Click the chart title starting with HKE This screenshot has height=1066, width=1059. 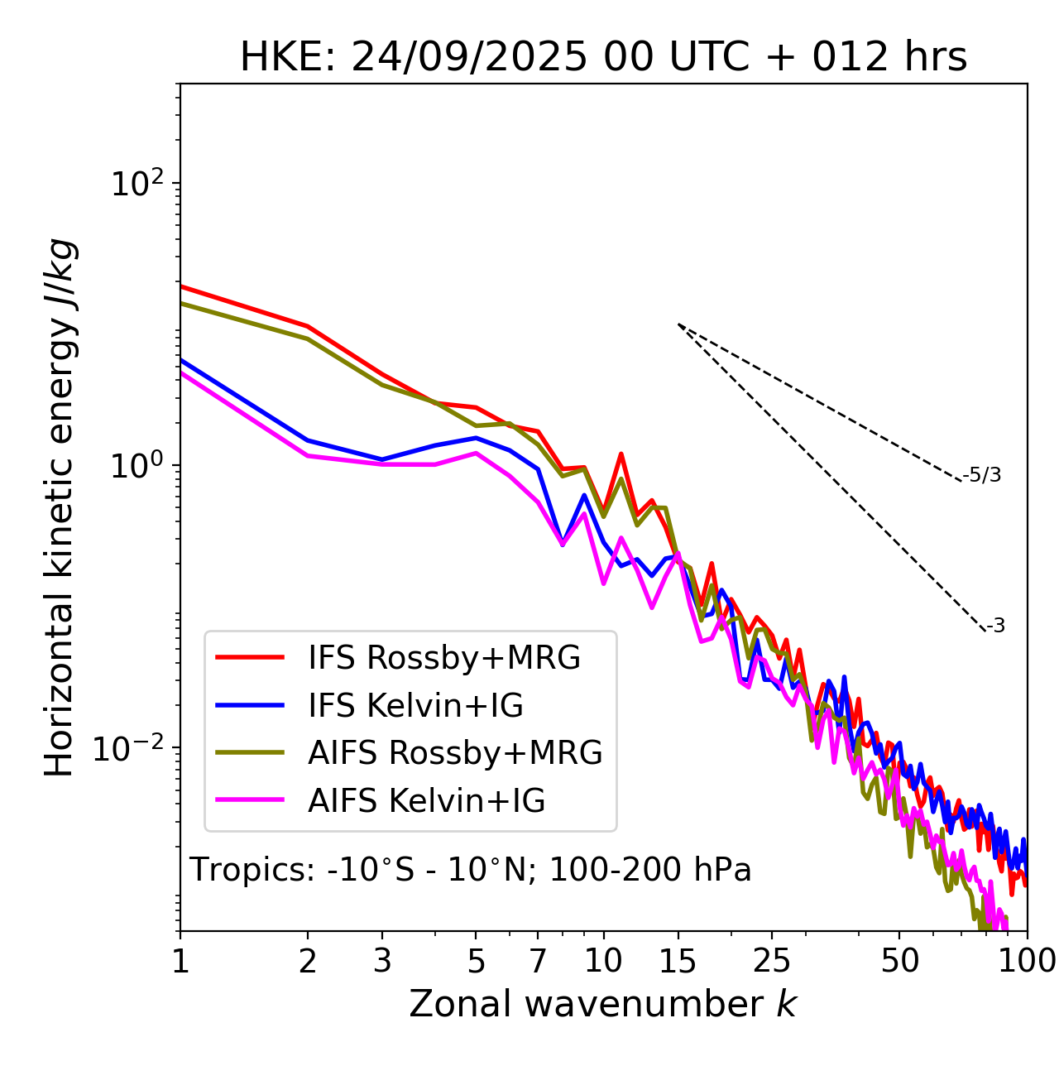point(603,58)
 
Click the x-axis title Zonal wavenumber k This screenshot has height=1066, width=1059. point(603,1004)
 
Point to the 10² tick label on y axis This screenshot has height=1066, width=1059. point(138,184)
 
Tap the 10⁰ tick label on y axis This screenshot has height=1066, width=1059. point(138,466)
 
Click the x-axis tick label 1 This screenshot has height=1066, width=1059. point(180,961)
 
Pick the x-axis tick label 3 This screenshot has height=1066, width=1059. point(382,961)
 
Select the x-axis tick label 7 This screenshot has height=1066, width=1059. point(538,961)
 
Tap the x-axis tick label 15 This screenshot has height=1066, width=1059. point(678,961)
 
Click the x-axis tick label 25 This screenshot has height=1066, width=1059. point(771,961)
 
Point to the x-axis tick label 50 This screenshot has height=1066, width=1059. point(899,961)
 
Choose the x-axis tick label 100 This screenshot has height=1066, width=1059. point(1027,961)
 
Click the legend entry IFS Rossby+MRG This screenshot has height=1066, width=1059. point(444,658)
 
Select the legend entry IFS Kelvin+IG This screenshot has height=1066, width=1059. point(415,706)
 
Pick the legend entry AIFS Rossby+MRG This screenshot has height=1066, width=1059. point(455,753)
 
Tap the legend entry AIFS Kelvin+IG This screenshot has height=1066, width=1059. point(426,801)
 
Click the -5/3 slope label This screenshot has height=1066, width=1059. point(982,475)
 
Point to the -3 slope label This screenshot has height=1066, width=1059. point(995,627)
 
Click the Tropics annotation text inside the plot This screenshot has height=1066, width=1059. point(471,870)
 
